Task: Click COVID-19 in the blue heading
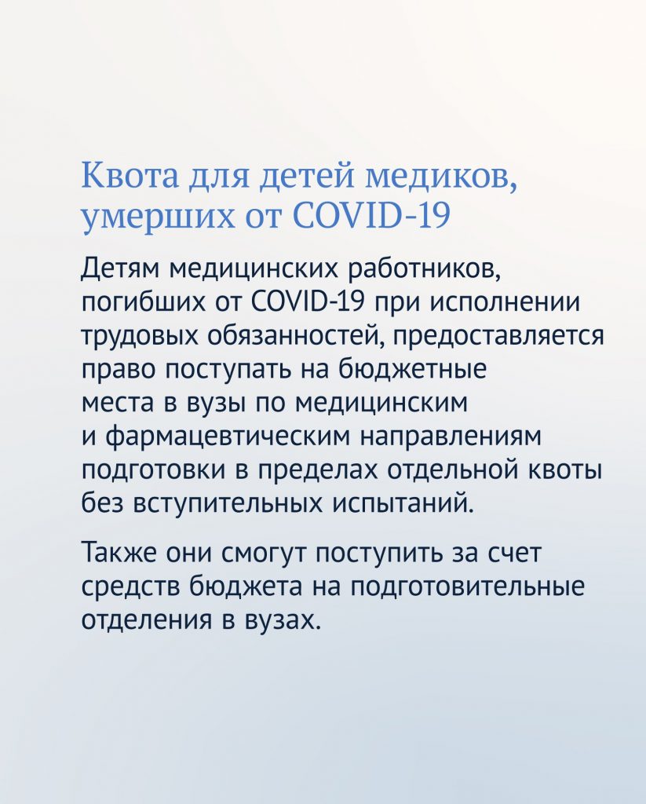click(x=372, y=214)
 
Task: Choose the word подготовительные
click(x=468, y=587)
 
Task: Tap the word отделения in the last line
click(x=147, y=621)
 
